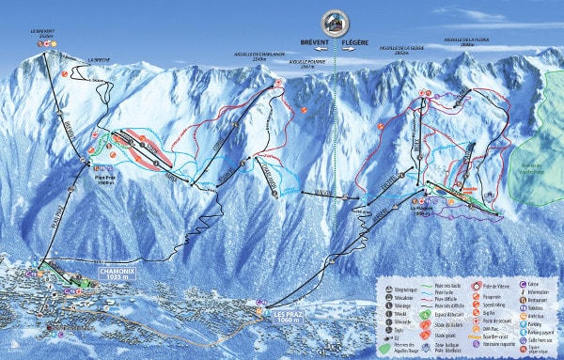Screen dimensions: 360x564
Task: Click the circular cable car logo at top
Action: click(334, 23)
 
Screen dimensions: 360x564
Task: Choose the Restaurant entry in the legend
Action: click(540, 300)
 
